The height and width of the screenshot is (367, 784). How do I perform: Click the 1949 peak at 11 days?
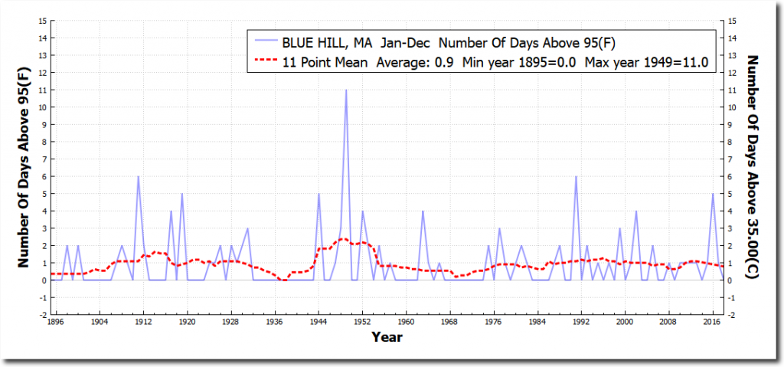point(346,90)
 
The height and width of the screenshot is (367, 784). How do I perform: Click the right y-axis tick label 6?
point(733,176)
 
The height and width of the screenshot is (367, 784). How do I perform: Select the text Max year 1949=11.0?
point(648,61)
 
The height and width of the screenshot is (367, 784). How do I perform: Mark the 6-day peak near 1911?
point(138,177)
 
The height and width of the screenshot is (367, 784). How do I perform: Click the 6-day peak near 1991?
point(576,177)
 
